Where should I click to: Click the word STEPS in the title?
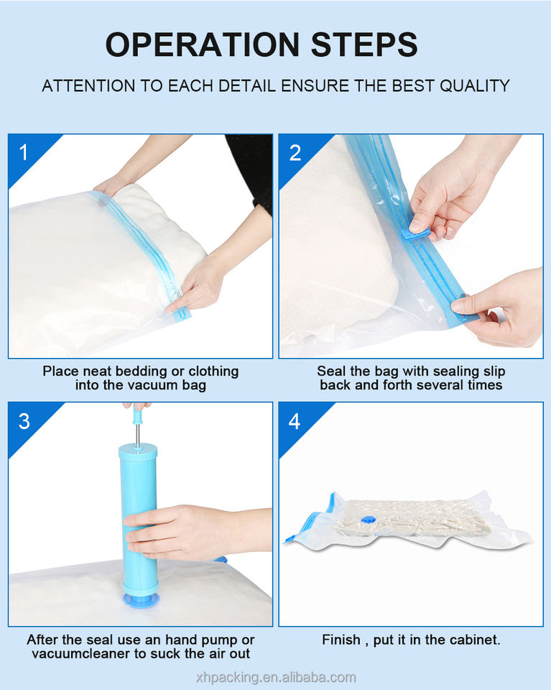click(364, 45)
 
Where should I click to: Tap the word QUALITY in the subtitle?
click(474, 86)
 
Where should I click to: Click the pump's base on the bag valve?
click(140, 599)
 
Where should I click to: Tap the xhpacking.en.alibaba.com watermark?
click(276, 677)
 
